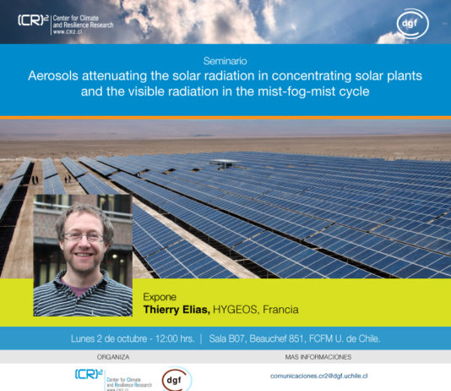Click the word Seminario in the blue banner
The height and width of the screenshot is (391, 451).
225,62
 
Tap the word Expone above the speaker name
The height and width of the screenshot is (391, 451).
160,297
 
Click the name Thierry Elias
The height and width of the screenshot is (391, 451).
177,310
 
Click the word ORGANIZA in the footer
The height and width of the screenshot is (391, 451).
112,356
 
